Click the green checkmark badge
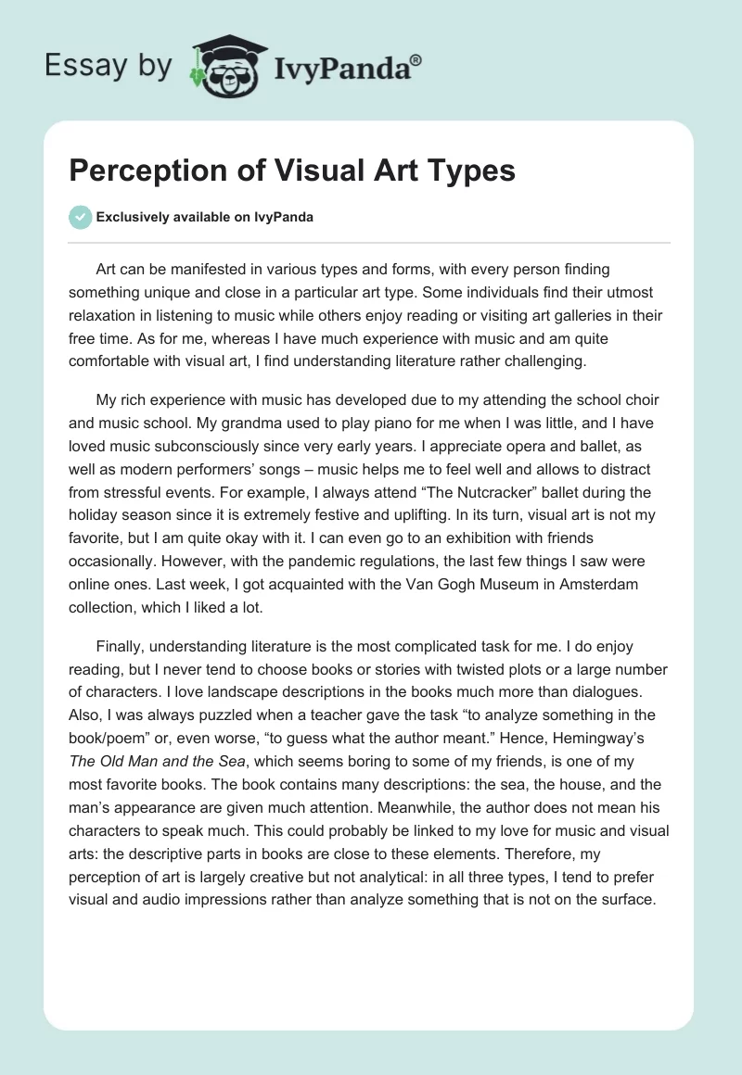tap(80, 217)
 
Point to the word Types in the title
tap(471, 171)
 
